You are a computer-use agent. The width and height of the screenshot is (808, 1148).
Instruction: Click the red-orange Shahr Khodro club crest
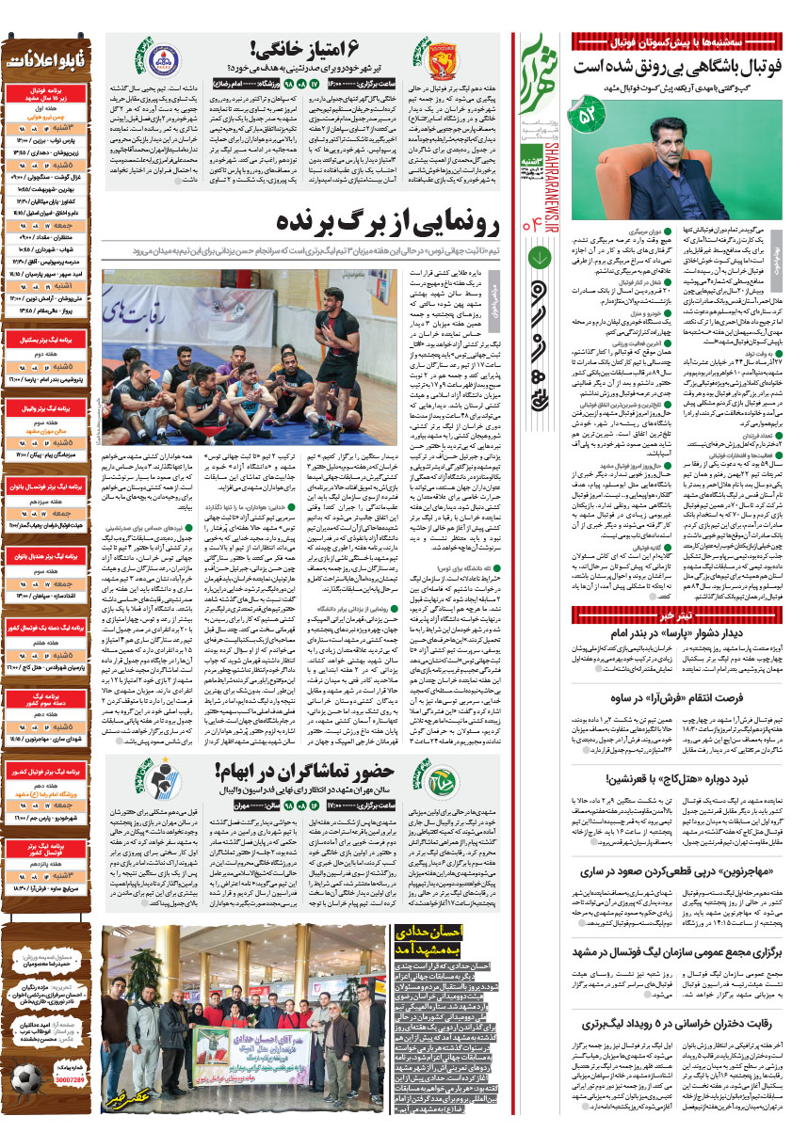(437, 62)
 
